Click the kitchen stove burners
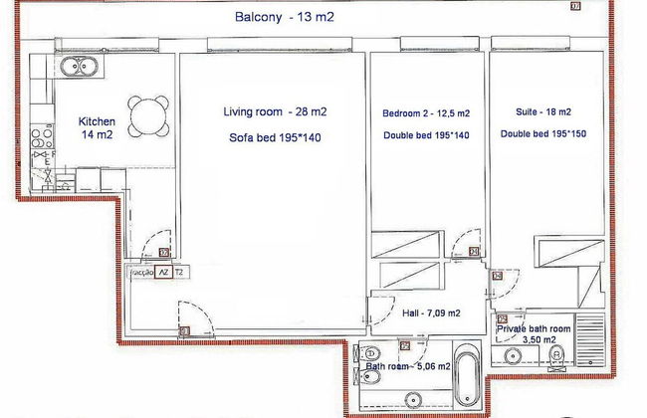tap(43, 135)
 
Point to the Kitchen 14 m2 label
tap(98, 129)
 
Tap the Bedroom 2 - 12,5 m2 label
tap(427, 114)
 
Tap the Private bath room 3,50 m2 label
tap(534, 331)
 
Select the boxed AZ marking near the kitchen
tap(160, 271)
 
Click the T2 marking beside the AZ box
tap(179, 271)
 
